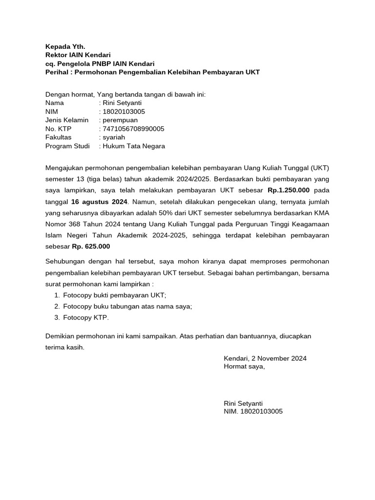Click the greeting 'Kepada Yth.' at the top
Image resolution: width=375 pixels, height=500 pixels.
[x=65, y=47]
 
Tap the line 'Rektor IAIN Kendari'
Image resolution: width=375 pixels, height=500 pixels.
[x=78, y=55]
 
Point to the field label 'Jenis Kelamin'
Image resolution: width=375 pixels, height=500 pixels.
[x=67, y=120]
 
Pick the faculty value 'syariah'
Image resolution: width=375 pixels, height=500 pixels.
[x=114, y=137]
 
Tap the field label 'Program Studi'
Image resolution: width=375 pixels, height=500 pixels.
[x=67, y=146]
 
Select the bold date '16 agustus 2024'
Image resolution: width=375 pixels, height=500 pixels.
[x=99, y=201]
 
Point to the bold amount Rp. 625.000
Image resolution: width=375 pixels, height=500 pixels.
[x=91, y=247]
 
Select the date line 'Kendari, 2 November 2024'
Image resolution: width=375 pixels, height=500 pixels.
[x=265, y=358]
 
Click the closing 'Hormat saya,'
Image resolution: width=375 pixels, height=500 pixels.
[x=244, y=367]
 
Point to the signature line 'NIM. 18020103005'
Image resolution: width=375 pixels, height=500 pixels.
[x=253, y=412]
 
